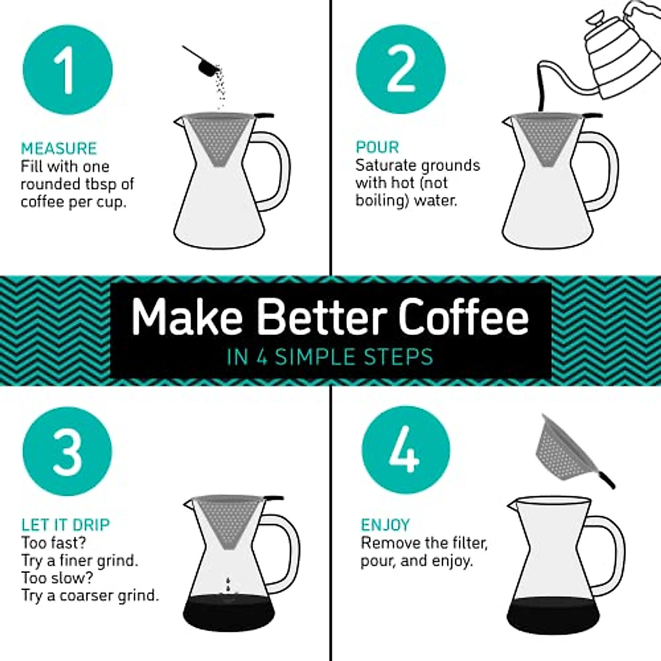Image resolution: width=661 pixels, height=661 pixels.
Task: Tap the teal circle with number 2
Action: point(400,69)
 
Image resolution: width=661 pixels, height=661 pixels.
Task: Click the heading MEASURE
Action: point(59,148)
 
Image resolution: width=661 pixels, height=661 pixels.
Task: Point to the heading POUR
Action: point(377,147)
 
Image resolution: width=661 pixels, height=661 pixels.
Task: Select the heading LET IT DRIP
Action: point(66,524)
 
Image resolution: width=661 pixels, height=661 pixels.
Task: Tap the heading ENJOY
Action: point(386,524)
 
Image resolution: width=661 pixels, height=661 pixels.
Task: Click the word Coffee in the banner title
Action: point(463,318)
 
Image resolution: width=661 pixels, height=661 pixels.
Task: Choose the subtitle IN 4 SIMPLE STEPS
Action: point(330,357)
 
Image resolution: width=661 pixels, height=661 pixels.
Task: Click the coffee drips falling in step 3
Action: point(228,586)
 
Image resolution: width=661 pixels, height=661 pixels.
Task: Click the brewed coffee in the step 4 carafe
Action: point(552,614)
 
